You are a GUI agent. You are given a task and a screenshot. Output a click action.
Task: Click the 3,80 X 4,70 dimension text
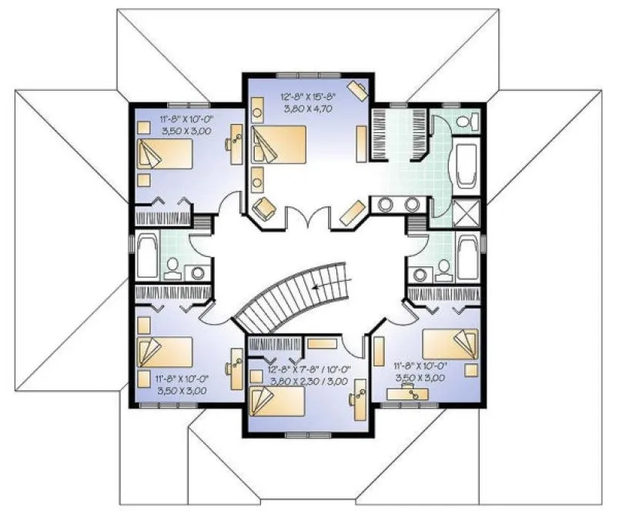(x=307, y=109)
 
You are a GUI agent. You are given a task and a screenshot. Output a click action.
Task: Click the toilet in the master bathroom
(x=467, y=120)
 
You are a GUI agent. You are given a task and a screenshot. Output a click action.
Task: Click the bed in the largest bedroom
(x=279, y=143)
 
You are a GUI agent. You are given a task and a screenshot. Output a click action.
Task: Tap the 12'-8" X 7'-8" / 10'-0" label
(x=309, y=369)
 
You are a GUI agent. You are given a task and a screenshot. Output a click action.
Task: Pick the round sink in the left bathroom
(x=198, y=272)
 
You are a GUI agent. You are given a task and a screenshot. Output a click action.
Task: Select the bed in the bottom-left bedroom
(x=163, y=351)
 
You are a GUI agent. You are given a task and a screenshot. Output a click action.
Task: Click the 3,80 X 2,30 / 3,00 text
(x=309, y=380)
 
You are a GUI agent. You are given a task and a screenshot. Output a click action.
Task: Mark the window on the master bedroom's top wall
(x=299, y=75)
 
